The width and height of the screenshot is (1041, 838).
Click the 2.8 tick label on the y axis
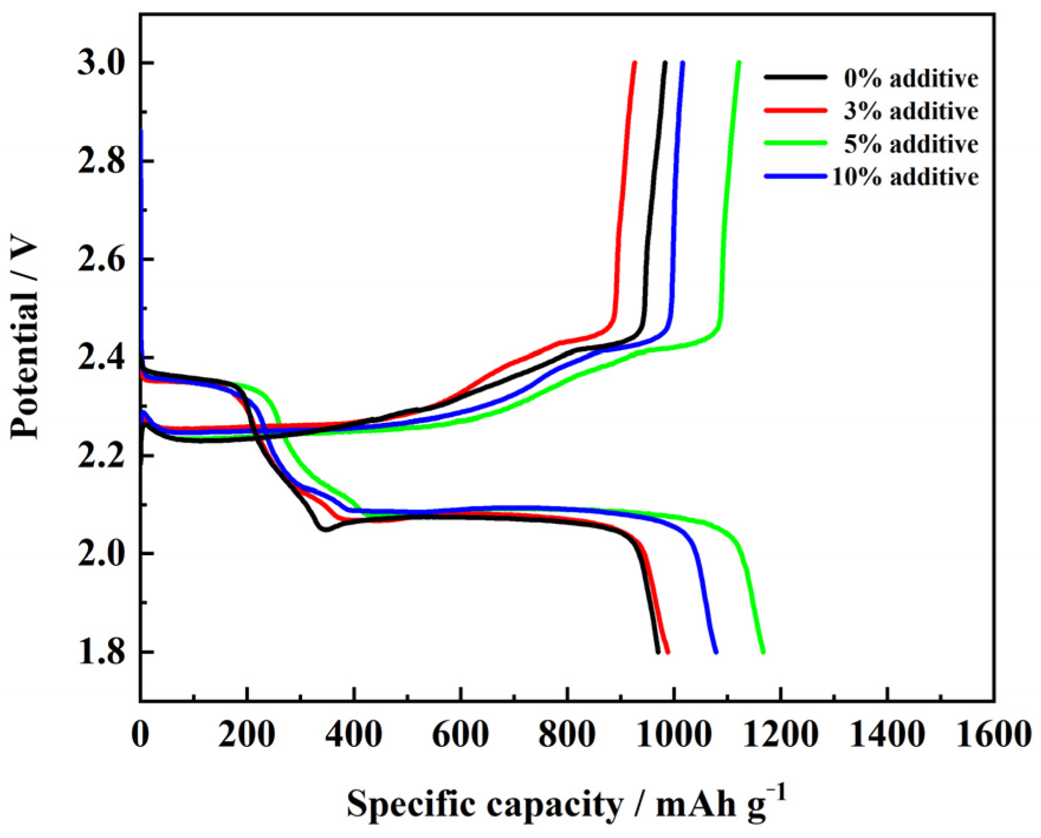click(x=102, y=161)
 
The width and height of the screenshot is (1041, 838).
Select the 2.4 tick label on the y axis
click(x=102, y=358)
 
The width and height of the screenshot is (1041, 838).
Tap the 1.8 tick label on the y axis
click(x=102, y=652)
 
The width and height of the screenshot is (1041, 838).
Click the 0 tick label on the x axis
click(x=141, y=735)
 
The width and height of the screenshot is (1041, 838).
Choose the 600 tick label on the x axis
click(x=460, y=735)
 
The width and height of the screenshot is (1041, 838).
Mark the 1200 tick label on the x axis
click(x=780, y=735)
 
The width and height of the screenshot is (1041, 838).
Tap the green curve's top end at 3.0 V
click(x=739, y=63)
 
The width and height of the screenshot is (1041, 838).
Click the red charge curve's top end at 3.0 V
click(x=634, y=63)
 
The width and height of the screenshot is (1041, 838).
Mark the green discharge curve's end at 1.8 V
click(x=763, y=652)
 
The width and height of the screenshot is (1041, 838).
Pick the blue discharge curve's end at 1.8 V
click(x=716, y=652)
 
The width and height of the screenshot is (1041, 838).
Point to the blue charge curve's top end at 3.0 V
click(x=683, y=63)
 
